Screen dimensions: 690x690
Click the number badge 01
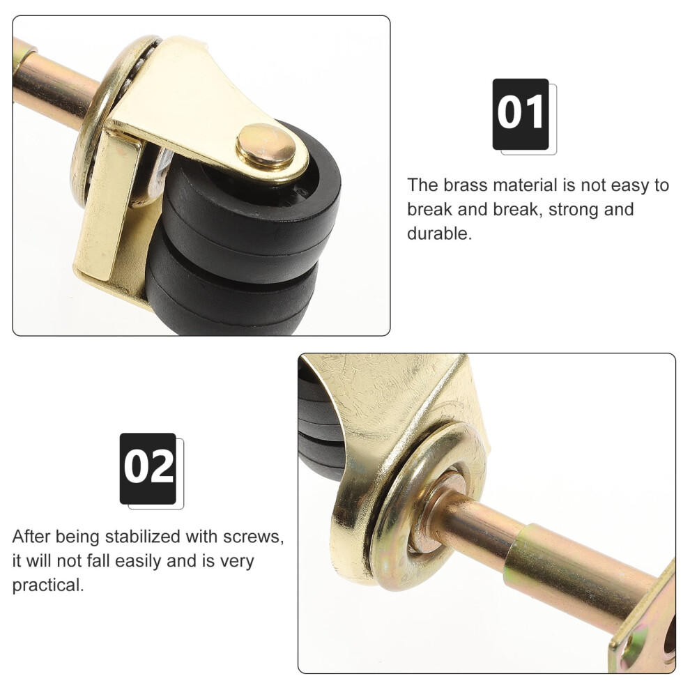pyautogui.click(x=521, y=114)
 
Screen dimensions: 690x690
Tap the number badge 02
pyautogui.click(x=148, y=468)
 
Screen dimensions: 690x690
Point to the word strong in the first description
pyautogui.click(x=572, y=210)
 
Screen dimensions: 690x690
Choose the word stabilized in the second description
pyautogui.click(x=143, y=537)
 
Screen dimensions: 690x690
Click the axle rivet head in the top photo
pyautogui.click(x=266, y=146)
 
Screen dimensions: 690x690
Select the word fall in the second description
pyautogui.click(x=96, y=562)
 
